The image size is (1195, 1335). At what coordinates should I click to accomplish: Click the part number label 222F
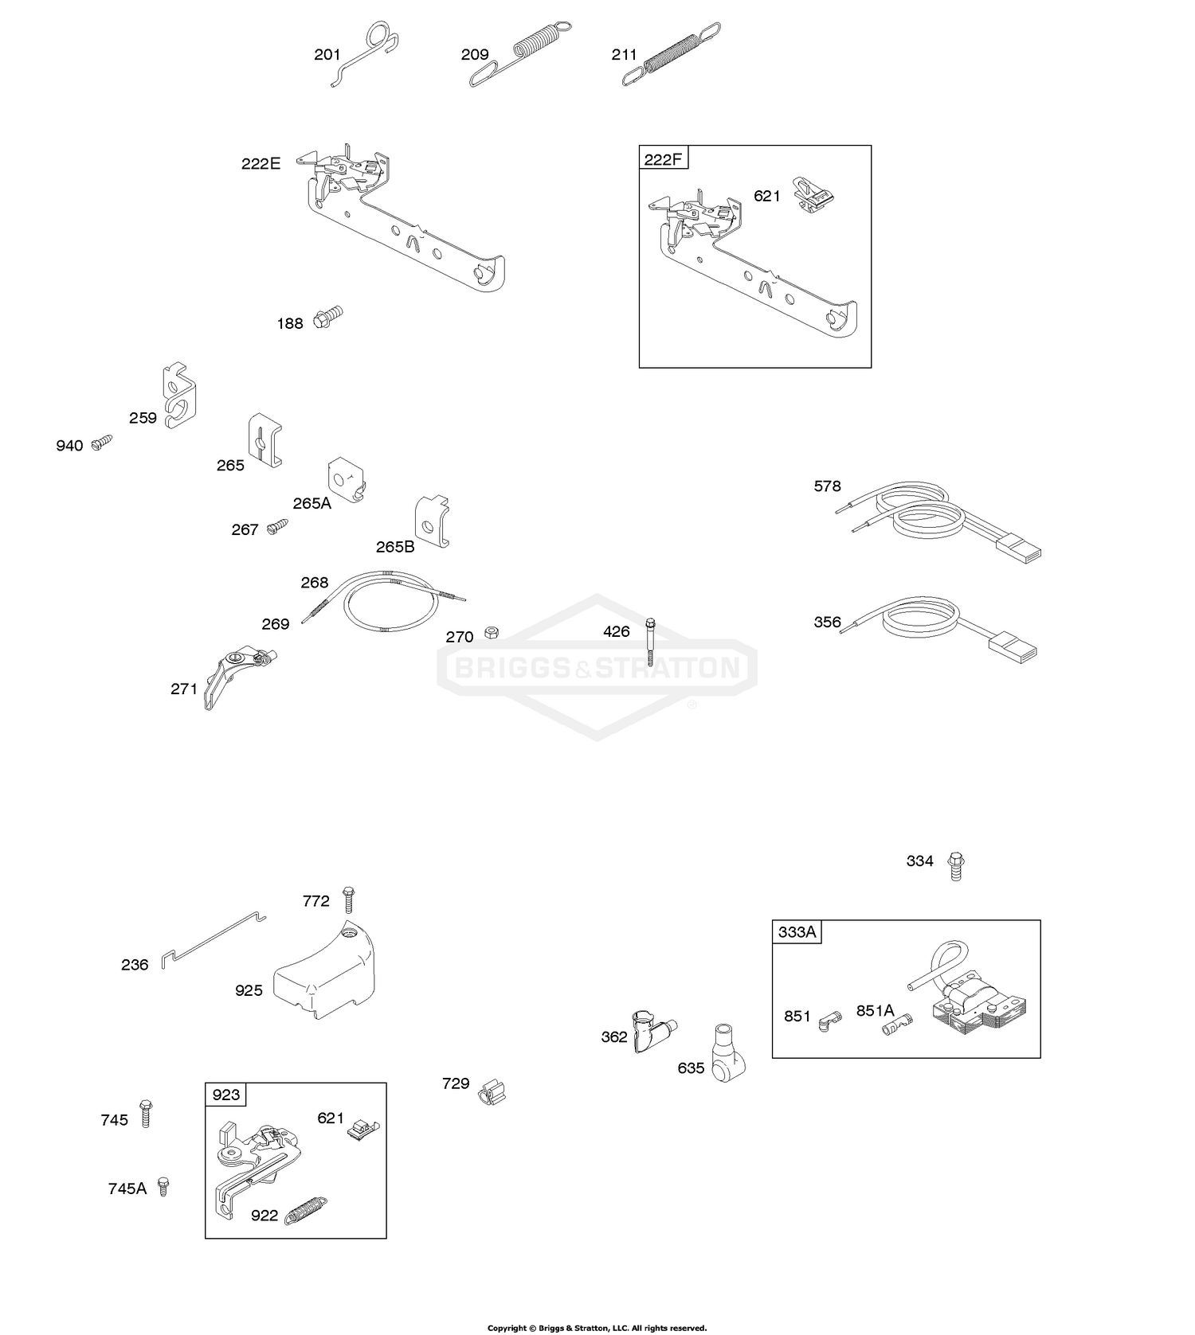point(663,158)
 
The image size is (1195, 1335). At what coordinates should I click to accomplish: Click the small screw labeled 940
point(102,442)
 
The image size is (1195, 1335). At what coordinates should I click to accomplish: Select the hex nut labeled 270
point(492,632)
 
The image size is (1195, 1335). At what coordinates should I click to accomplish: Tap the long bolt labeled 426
point(651,641)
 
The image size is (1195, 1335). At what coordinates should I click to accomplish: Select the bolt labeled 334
point(955,865)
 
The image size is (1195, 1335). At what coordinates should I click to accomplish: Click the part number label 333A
point(797,932)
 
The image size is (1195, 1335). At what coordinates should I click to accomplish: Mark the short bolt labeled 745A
point(163,1186)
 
